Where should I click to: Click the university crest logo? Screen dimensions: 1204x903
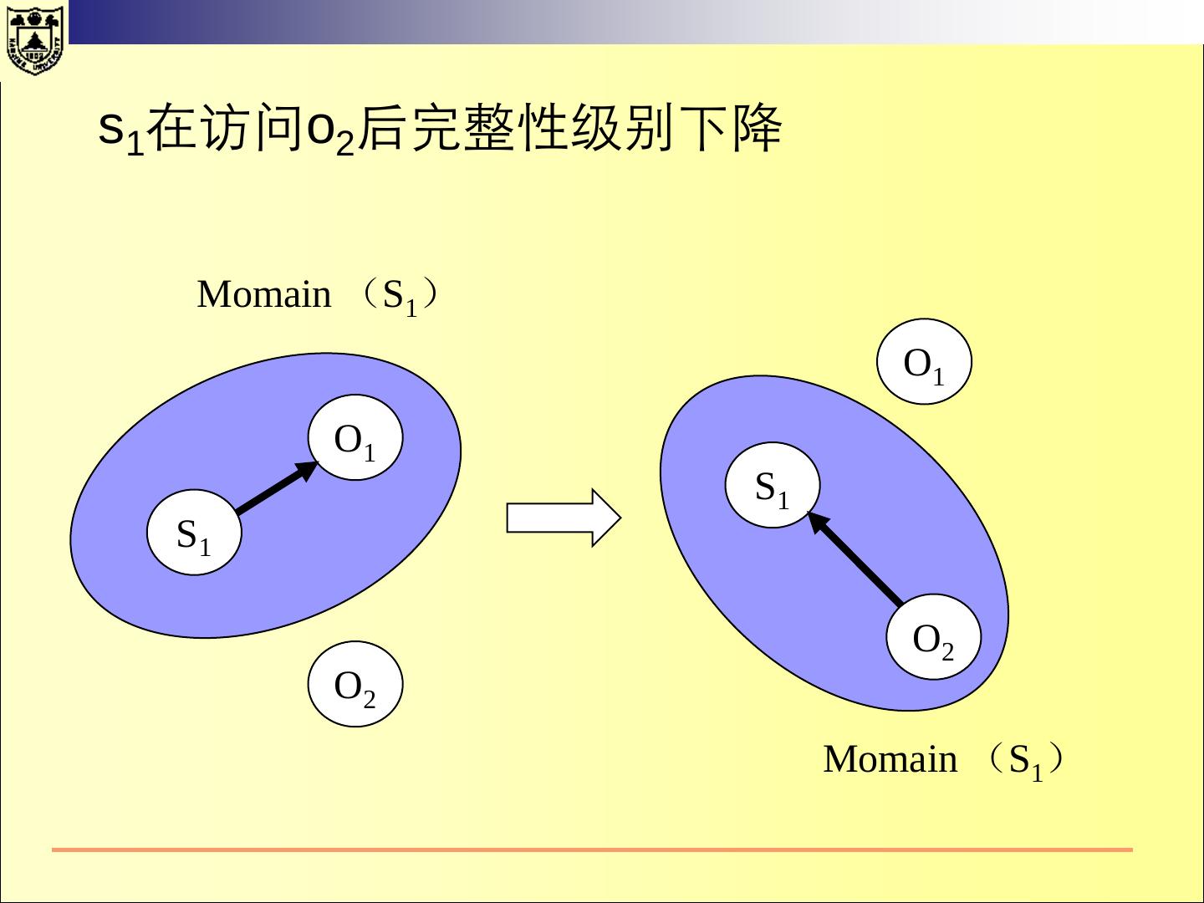(x=33, y=38)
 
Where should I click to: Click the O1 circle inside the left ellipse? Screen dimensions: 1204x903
(x=355, y=437)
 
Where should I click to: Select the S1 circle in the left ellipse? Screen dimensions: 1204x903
(x=194, y=533)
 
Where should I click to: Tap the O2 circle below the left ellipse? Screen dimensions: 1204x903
(x=355, y=684)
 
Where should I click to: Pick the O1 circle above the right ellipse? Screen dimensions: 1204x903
(x=924, y=362)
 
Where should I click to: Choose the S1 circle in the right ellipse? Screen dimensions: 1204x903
(x=772, y=485)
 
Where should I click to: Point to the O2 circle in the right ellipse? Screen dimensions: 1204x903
(x=933, y=638)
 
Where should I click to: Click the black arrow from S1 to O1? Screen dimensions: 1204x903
(x=276, y=487)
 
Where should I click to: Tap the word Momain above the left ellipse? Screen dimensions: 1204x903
(x=264, y=294)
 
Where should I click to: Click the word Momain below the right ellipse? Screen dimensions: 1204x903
(x=890, y=759)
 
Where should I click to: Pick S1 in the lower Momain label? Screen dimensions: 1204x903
(x=1026, y=762)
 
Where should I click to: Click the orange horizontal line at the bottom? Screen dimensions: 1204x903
(x=592, y=849)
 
